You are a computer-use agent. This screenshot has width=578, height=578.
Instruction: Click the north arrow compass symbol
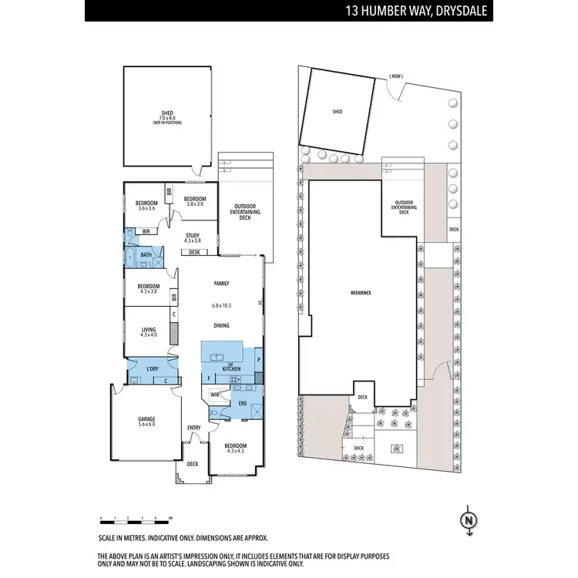point(467,520)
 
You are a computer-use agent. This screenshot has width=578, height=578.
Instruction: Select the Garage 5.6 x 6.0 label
point(146,421)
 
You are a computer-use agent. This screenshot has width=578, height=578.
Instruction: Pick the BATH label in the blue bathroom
point(146,254)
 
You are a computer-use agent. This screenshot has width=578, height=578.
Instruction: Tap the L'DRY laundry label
point(152,368)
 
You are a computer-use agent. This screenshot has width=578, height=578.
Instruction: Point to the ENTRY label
point(194,428)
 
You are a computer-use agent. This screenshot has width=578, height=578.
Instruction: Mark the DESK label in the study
point(194,252)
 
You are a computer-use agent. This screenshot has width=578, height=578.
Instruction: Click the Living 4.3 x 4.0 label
point(148,331)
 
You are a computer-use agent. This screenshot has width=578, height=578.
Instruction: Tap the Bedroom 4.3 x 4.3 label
point(235,449)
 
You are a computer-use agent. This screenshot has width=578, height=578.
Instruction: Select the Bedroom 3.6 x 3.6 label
point(146,205)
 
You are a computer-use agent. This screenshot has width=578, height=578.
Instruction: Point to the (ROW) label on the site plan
point(396,76)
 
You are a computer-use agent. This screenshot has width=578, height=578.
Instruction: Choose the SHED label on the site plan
point(338,112)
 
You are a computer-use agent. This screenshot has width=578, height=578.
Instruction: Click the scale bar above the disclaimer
point(136,516)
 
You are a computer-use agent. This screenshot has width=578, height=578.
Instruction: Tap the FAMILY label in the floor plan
point(222,284)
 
